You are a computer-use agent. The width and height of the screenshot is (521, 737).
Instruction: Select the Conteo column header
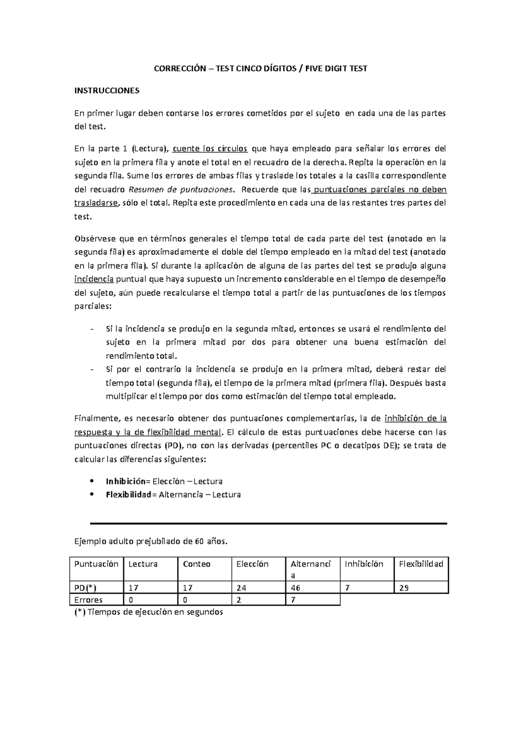[x=197, y=564]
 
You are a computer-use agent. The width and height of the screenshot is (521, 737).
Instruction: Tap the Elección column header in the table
[x=252, y=564]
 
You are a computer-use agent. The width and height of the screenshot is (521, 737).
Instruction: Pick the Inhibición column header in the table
[x=364, y=564]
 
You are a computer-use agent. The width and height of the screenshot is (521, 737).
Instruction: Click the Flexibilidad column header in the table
[x=421, y=564]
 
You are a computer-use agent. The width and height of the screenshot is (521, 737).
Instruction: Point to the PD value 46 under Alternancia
[x=296, y=588]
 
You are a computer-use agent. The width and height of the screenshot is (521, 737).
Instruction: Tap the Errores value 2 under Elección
[x=239, y=600]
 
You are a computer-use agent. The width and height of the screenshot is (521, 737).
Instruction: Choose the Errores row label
[x=89, y=600]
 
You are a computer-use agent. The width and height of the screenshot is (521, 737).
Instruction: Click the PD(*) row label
[x=86, y=588]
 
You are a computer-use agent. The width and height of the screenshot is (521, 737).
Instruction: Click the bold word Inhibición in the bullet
[x=126, y=481]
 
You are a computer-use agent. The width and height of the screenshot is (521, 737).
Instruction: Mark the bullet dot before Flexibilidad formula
[x=91, y=494]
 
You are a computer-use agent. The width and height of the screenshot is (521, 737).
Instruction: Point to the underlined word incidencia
[x=94, y=279]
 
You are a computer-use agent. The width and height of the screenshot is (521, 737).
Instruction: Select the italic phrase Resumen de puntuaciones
[x=181, y=190]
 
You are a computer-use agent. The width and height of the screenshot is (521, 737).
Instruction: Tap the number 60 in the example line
[x=199, y=541]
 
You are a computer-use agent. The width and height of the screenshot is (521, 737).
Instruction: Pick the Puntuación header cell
[x=96, y=564]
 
